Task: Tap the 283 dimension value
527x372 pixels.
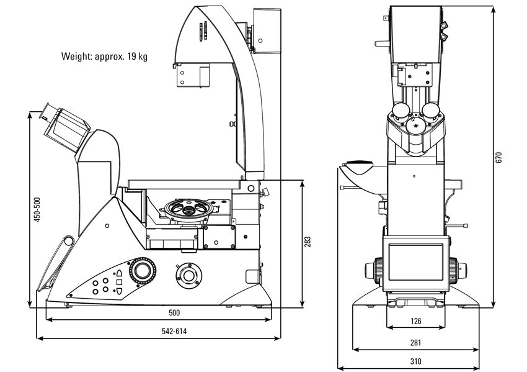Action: (308, 242)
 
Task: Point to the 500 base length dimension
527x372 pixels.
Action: (174, 312)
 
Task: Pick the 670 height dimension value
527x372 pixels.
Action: (499, 157)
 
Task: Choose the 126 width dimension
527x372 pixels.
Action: (416, 321)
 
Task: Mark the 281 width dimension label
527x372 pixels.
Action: (416, 342)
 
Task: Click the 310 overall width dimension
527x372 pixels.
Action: (416, 361)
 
